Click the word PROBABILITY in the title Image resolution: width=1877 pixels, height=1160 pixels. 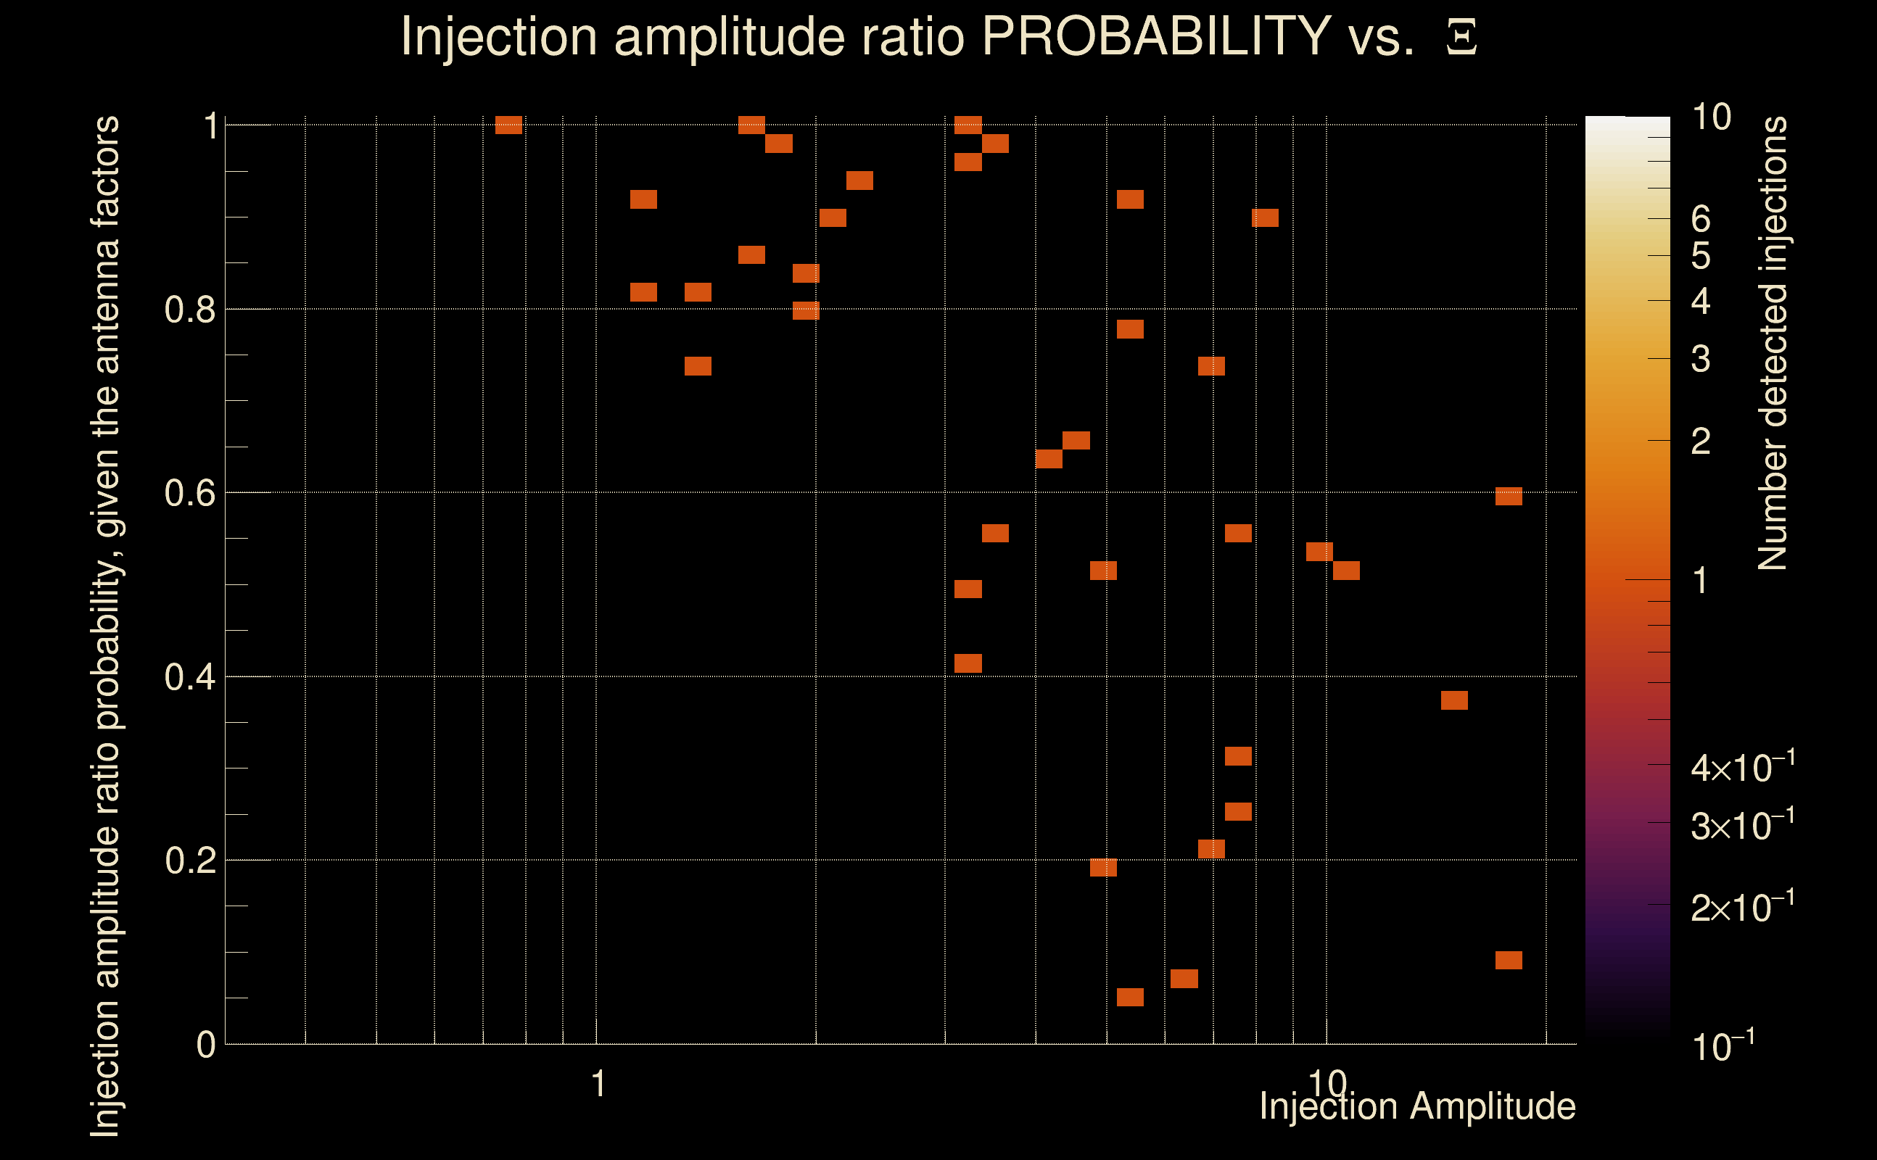click(x=1156, y=36)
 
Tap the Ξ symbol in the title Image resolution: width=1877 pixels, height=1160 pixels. click(x=1461, y=37)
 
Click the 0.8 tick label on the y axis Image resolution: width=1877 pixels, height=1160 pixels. click(x=189, y=310)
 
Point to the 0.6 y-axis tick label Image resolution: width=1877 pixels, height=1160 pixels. click(x=189, y=492)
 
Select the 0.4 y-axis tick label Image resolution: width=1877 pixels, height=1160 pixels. click(x=189, y=677)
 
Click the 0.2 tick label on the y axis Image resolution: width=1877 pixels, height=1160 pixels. click(x=189, y=861)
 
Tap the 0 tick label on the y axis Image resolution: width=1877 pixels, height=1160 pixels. click(x=206, y=1045)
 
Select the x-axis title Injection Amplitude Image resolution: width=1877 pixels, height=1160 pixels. click(x=1417, y=1106)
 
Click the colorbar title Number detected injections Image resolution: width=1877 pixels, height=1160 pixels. click(x=1773, y=343)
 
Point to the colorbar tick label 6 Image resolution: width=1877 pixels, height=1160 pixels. click(x=1701, y=220)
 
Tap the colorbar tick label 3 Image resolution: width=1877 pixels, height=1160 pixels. click(x=1701, y=359)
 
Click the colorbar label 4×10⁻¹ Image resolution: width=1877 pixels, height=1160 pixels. click(x=1742, y=768)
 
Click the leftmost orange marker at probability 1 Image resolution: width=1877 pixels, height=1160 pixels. click(x=508, y=125)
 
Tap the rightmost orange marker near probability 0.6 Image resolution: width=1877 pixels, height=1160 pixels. click(x=1509, y=497)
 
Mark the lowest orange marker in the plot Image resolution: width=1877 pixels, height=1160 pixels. click(x=1131, y=998)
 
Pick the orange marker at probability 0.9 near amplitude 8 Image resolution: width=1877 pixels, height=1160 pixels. click(x=1266, y=218)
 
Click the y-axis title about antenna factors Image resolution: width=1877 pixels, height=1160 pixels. click(x=105, y=625)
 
